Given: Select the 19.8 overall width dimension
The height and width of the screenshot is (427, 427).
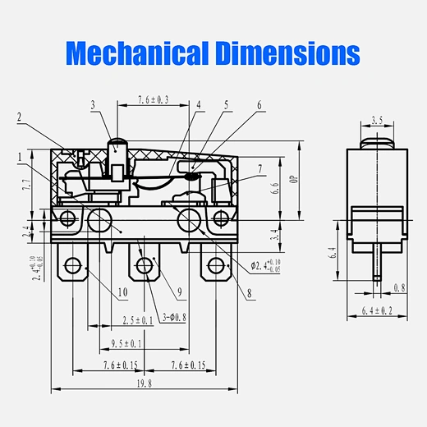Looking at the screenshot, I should [x=145, y=382].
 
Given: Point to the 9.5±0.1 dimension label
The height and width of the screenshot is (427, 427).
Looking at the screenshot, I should [x=122, y=343].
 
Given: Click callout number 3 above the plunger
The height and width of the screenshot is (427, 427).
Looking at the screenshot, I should [x=93, y=104].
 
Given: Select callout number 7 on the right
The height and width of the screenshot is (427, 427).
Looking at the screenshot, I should [x=259, y=170].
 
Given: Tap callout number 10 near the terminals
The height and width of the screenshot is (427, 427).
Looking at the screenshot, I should [x=122, y=291].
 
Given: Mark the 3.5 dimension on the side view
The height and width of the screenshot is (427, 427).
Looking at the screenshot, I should [x=377, y=120].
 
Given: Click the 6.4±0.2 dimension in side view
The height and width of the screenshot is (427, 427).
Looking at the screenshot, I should [x=377, y=310].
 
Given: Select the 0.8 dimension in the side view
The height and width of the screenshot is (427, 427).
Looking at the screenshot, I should [x=400, y=288].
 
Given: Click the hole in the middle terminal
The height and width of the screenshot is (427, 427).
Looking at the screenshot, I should [x=145, y=264].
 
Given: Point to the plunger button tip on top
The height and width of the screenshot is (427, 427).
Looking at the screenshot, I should [x=117, y=141].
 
